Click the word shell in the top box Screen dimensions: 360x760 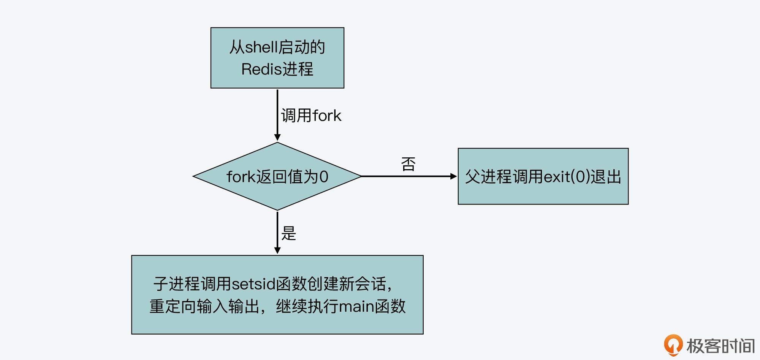(x=261, y=47)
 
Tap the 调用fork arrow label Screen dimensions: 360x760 (x=311, y=116)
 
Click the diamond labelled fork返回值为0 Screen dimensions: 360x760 (x=277, y=176)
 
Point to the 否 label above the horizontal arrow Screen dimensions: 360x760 (x=408, y=164)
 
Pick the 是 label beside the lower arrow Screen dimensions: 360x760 (x=288, y=233)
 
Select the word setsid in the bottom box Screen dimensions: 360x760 (x=253, y=284)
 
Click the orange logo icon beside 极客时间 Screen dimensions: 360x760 (x=673, y=345)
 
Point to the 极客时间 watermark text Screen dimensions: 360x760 (x=720, y=346)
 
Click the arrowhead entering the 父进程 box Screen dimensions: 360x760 (x=453, y=176)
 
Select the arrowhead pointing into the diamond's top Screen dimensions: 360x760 (x=277, y=137)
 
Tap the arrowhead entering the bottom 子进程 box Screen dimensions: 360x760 (x=277, y=251)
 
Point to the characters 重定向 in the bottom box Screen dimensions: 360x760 (x=173, y=306)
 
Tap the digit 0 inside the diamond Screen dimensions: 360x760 (x=324, y=177)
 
